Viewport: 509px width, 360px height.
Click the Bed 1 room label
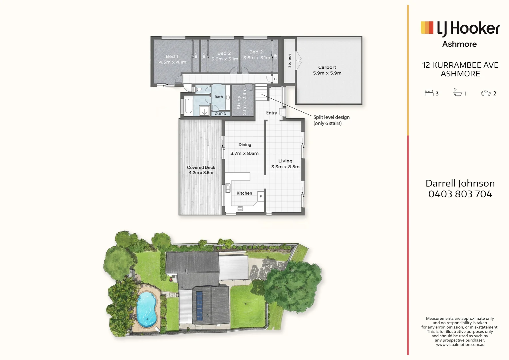(x=172, y=59)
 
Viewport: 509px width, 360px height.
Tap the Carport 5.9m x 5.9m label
(x=327, y=70)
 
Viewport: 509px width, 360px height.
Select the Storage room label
(x=289, y=61)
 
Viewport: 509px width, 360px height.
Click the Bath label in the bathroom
(x=219, y=97)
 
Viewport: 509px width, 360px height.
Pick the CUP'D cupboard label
(x=220, y=114)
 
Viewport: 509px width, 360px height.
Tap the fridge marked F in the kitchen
(x=260, y=196)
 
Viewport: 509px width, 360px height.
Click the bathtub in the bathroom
(x=188, y=106)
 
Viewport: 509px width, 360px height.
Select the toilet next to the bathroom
(x=199, y=89)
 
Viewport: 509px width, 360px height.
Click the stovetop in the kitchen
(x=240, y=209)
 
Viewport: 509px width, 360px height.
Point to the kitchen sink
(x=228, y=189)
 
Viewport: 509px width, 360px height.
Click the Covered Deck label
(x=201, y=170)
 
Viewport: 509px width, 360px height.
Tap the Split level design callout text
(x=331, y=120)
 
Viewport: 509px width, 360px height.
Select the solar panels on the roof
(x=199, y=306)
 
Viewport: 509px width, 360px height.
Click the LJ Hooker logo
(x=460, y=29)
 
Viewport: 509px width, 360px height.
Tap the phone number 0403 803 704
(x=460, y=194)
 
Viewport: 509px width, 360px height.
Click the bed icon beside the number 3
(x=429, y=93)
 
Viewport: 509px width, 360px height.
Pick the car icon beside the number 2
(x=486, y=93)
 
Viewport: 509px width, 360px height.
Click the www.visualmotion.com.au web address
(x=460, y=345)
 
